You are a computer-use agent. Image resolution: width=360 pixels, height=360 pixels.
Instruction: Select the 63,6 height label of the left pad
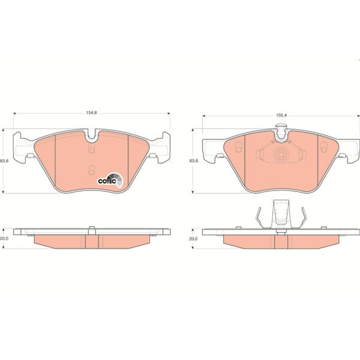pyautogui.click(x=4, y=160)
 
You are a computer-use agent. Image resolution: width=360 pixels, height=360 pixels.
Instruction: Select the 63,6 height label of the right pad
pyautogui.click(x=193, y=161)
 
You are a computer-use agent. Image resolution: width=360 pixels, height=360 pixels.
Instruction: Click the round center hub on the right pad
pyautogui.click(x=280, y=155)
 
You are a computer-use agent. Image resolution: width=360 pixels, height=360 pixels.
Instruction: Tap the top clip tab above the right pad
pyautogui.click(x=280, y=128)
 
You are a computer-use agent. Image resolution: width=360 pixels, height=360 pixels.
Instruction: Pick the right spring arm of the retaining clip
pyautogui.click(x=304, y=217)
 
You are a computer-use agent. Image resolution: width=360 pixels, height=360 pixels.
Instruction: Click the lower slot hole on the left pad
pyautogui.click(x=91, y=170)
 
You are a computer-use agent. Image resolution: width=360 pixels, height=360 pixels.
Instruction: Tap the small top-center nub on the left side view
pyautogui.click(x=91, y=227)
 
